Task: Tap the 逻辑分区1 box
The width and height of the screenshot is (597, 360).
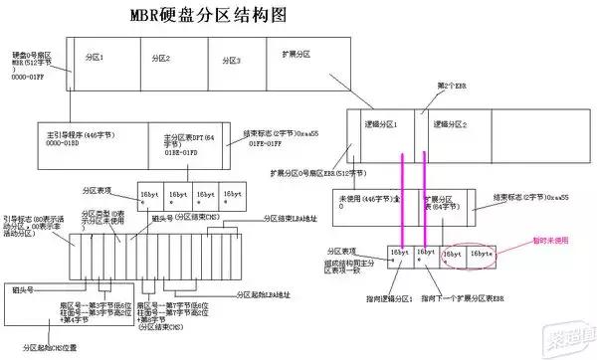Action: (x=383, y=126)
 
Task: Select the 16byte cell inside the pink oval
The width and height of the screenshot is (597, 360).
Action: (x=481, y=255)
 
